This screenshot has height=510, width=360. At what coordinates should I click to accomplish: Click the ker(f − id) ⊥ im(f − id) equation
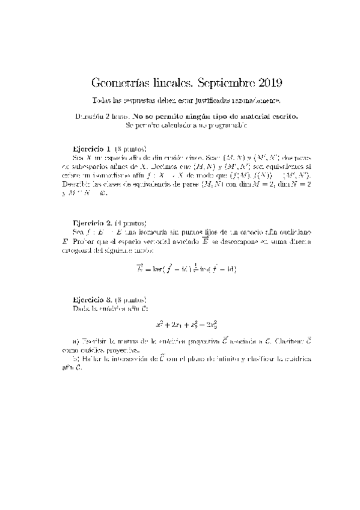click(x=186, y=268)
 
